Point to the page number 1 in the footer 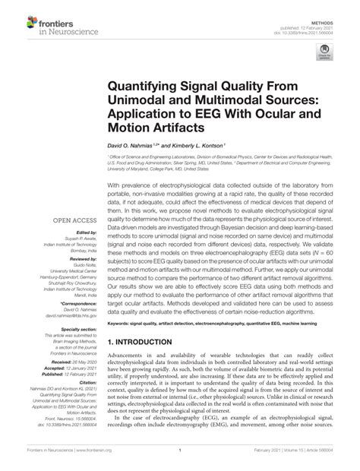pos(178,460)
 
